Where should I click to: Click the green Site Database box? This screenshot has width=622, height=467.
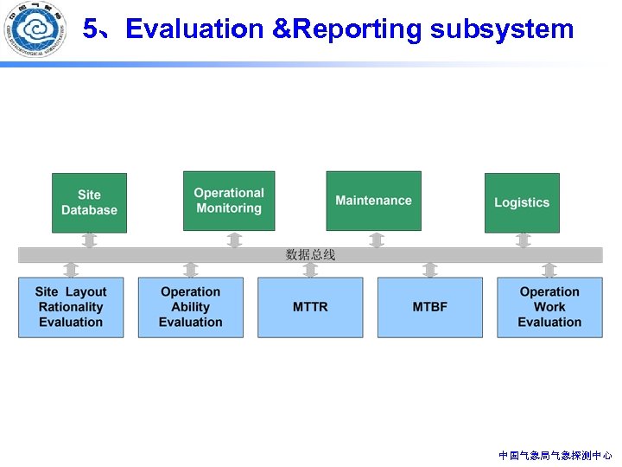(x=89, y=202)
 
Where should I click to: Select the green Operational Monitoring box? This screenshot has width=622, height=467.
(x=229, y=201)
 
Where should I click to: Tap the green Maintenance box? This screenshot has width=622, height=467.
(x=373, y=201)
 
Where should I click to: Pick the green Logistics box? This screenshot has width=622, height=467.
(x=522, y=202)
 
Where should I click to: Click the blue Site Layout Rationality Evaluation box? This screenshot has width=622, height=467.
(x=71, y=307)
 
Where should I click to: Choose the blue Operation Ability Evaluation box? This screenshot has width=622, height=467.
(x=190, y=307)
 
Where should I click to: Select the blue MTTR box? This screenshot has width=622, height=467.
(x=310, y=307)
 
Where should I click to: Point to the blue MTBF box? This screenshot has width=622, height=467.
(x=429, y=307)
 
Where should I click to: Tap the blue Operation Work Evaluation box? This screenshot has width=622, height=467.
(x=549, y=307)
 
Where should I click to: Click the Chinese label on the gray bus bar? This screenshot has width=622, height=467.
(x=310, y=255)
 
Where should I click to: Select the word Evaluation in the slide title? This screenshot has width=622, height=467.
(x=194, y=29)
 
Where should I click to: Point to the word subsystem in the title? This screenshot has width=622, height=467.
(x=502, y=29)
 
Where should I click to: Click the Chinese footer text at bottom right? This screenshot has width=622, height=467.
(x=555, y=455)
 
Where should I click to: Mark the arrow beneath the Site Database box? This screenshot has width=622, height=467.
(x=89, y=240)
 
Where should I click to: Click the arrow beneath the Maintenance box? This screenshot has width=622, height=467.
(x=376, y=239)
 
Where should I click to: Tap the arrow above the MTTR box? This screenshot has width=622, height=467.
(x=310, y=270)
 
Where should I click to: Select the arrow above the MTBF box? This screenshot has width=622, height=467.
(x=429, y=270)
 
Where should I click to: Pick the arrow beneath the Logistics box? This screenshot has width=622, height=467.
(x=523, y=240)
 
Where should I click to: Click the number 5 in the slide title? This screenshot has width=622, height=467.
(x=90, y=29)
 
